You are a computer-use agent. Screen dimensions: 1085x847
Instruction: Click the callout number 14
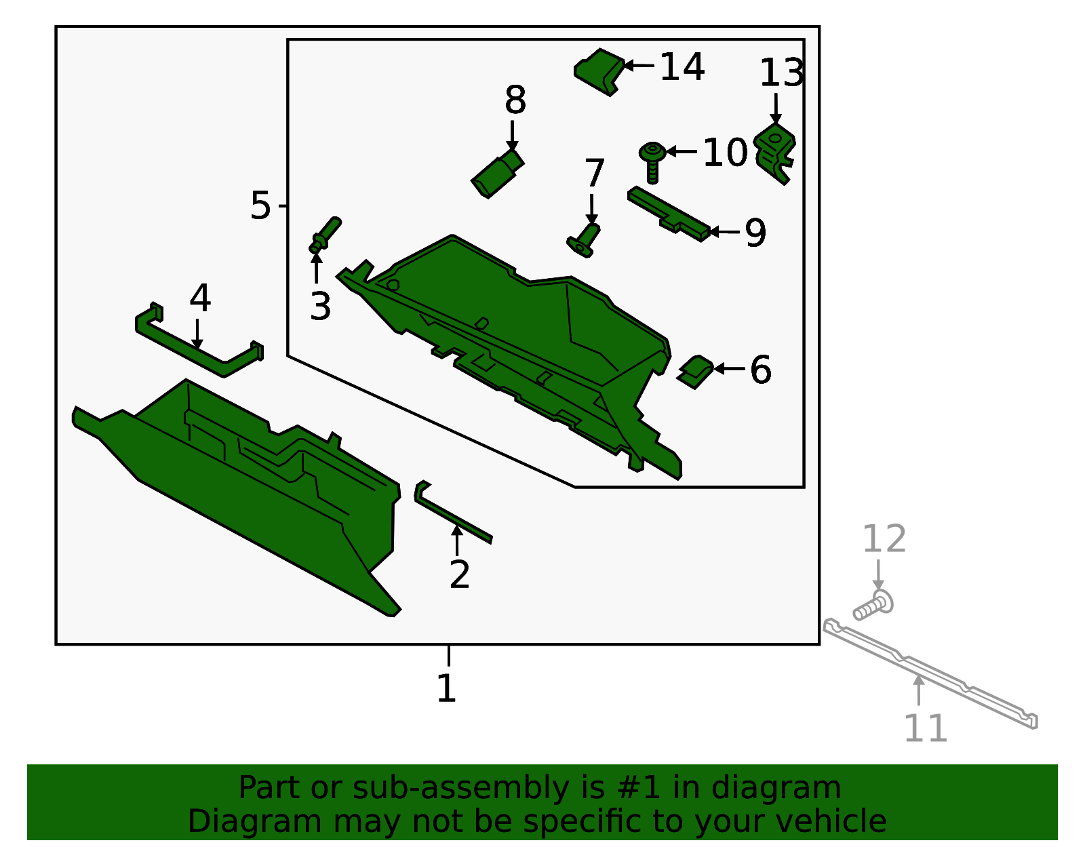(x=682, y=66)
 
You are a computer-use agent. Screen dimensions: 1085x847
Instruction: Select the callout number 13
(x=781, y=73)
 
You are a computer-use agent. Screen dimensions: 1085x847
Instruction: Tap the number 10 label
(x=724, y=152)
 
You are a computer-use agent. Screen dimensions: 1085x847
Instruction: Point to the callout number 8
(x=515, y=100)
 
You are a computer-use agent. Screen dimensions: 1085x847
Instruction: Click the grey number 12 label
(x=884, y=539)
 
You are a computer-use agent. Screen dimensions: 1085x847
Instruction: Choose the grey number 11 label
(x=925, y=729)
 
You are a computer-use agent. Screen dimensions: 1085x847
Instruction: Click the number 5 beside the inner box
(x=260, y=205)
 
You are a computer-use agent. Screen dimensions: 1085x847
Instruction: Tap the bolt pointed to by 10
(x=652, y=162)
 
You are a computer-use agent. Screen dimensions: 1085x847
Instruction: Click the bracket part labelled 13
(x=774, y=153)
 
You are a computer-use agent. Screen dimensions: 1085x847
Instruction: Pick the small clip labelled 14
(x=599, y=72)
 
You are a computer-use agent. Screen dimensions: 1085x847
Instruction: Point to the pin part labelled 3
(x=325, y=235)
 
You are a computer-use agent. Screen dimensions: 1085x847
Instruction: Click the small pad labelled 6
(x=695, y=372)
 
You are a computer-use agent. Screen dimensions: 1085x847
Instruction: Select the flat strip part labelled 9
(x=669, y=214)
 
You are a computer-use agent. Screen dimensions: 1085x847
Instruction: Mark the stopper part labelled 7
(x=584, y=240)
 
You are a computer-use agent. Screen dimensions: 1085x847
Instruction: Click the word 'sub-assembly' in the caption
(x=460, y=787)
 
